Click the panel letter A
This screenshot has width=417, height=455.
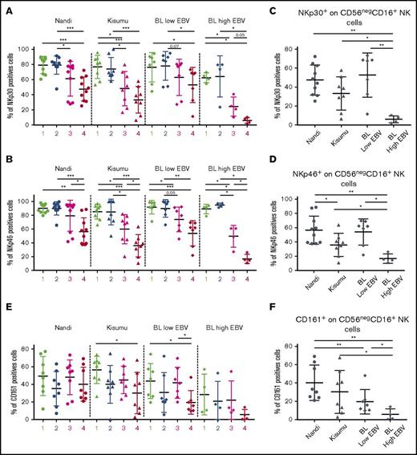point(6,6)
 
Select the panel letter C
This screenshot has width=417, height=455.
point(273,6)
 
